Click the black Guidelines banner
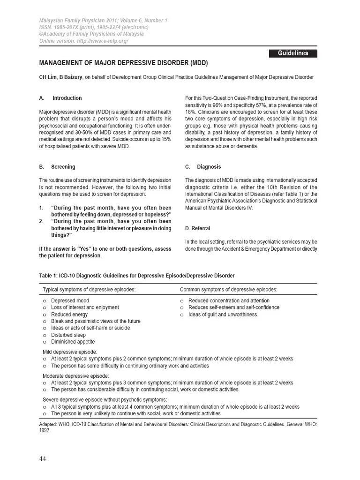click(293, 53)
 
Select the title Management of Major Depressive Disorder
click(123, 63)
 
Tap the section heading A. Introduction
click(60, 98)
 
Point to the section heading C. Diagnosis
click(203, 167)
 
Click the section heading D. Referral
click(198, 228)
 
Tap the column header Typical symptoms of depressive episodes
click(90, 289)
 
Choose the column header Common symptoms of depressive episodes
click(229, 289)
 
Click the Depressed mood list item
click(70, 300)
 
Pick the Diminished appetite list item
click(73, 342)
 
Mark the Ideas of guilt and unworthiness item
click(223, 315)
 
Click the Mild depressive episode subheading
click(70, 352)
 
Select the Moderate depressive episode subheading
click(75, 376)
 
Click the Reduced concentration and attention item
click(229, 300)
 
